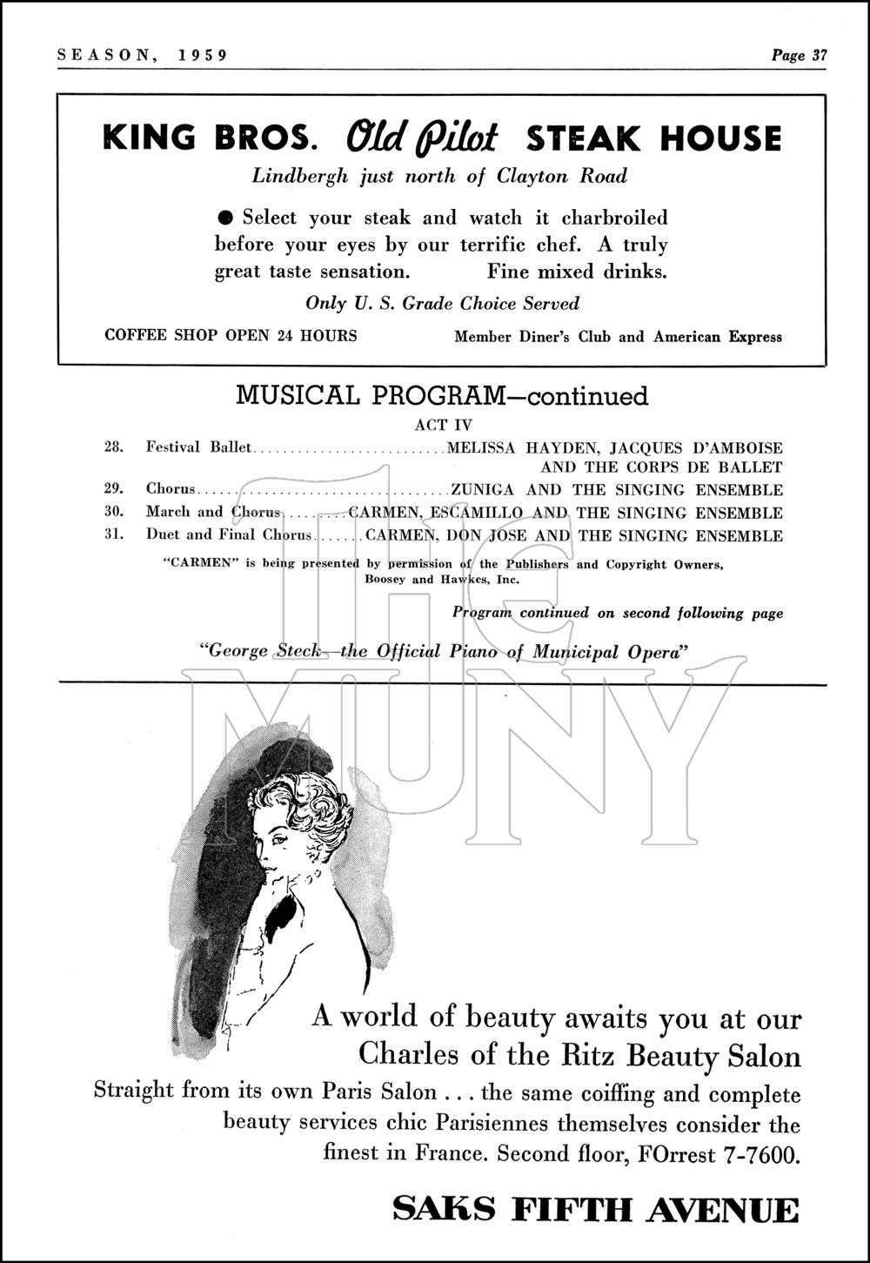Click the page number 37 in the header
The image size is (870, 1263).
(818, 56)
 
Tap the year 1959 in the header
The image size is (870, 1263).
(202, 56)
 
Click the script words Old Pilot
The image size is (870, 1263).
(422, 138)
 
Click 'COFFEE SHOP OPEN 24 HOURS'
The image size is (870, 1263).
(231, 335)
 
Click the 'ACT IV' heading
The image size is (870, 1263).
(443, 426)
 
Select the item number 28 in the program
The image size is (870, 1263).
(113, 447)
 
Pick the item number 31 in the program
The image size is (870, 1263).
(113, 534)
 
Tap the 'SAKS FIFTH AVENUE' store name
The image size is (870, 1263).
(595, 1211)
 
